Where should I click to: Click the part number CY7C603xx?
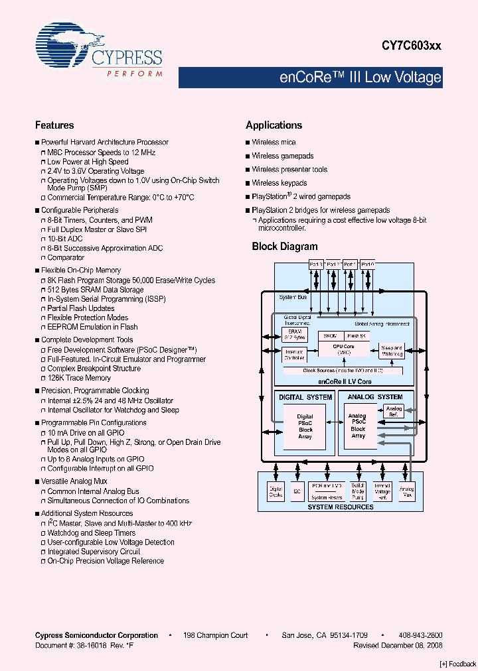(411, 46)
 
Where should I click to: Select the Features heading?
(54, 125)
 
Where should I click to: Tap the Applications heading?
(274, 125)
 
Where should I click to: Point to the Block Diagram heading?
(285, 247)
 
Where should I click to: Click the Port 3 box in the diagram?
(316, 264)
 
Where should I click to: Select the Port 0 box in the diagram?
(367, 264)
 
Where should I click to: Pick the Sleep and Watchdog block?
(392, 351)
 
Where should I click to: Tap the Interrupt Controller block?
(294, 355)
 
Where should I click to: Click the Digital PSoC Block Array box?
(305, 427)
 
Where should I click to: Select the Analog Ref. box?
(394, 412)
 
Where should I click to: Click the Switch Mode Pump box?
(357, 492)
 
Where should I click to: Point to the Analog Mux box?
(406, 492)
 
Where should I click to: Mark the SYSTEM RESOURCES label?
(340, 507)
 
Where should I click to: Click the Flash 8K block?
(356, 336)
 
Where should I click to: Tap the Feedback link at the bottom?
(458, 664)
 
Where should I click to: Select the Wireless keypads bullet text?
(279, 183)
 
